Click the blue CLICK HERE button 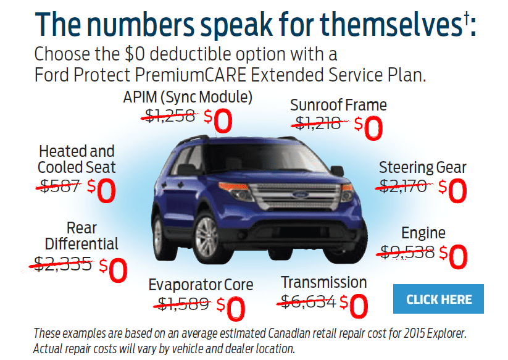click(438, 299)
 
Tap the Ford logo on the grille click(301, 195)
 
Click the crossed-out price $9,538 click(407, 252)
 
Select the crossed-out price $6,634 click(308, 302)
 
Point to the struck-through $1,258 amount click(170, 115)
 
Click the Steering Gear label click(422, 167)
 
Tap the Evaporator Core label click(201, 285)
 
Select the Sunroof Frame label click(338, 104)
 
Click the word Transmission click(323, 282)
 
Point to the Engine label click(423, 233)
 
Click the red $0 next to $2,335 click(113, 270)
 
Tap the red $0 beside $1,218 click(369, 128)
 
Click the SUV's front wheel click(207, 238)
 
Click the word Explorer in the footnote click(446, 333)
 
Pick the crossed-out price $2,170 click(403, 186)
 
